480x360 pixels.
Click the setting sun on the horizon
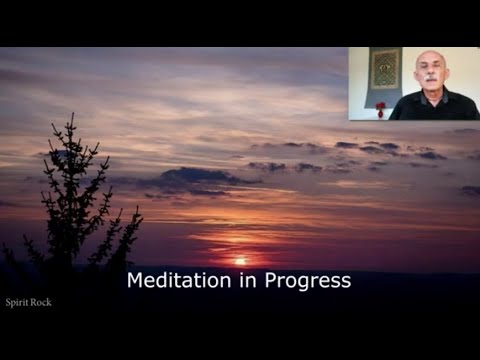tap(240, 261)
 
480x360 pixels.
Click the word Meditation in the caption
tap(176, 281)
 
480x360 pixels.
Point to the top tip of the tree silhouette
tap(70, 117)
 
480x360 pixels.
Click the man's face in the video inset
tap(429, 77)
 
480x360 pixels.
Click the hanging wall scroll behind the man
tap(384, 71)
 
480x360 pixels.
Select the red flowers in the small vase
tap(380, 105)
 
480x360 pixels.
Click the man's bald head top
tap(429, 56)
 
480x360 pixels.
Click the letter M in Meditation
tap(135, 281)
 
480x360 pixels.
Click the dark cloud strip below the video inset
tap(400, 149)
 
